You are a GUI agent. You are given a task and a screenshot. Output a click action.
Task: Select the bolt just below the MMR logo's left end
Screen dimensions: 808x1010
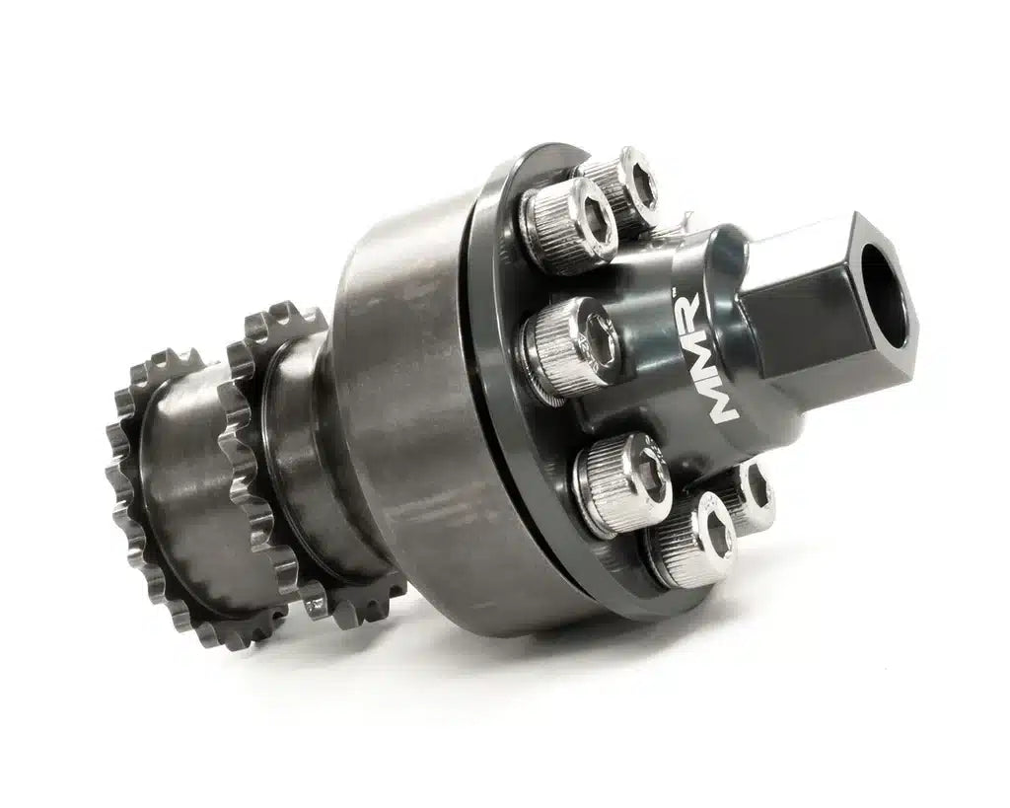click(x=622, y=472)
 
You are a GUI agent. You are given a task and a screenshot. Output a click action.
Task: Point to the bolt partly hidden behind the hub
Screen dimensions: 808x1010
click(x=755, y=493)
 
